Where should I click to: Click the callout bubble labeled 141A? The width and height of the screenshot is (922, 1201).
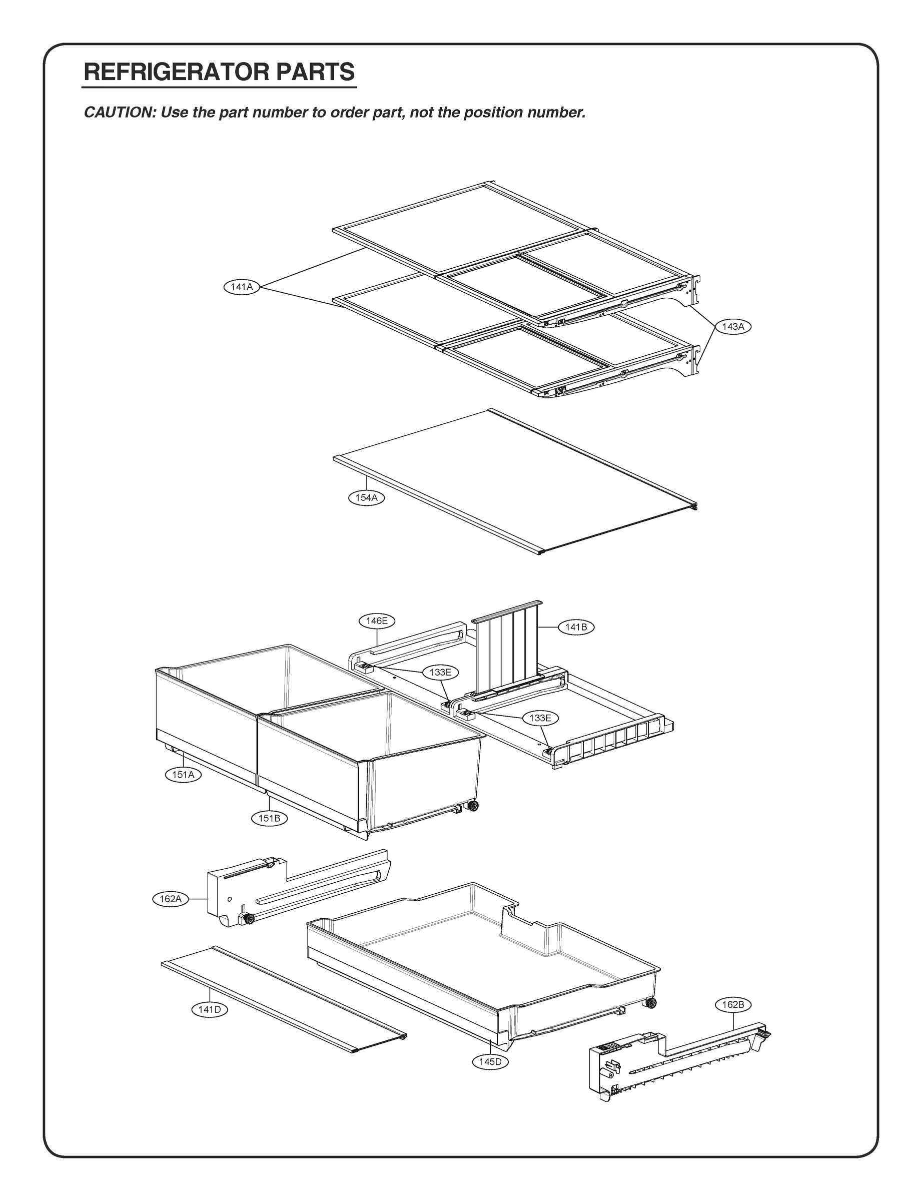click(x=242, y=287)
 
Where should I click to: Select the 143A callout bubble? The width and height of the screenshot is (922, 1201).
click(x=733, y=327)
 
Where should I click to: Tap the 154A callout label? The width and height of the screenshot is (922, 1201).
click(x=366, y=498)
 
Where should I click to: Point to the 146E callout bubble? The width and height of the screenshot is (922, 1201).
click(x=377, y=621)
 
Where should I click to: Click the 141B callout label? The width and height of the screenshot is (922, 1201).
click(x=576, y=627)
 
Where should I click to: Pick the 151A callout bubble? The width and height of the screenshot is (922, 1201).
click(x=183, y=775)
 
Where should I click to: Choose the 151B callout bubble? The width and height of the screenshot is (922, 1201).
click(x=269, y=818)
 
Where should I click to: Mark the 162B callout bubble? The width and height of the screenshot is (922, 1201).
click(x=733, y=1004)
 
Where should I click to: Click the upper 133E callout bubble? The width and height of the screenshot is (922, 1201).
click(x=440, y=672)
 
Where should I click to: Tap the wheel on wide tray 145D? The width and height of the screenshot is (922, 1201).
click(x=651, y=1004)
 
